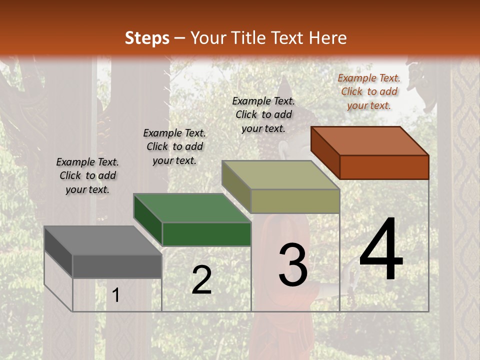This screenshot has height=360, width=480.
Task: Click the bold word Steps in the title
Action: pyautogui.click(x=147, y=38)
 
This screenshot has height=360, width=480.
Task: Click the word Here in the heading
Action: pyautogui.click(x=327, y=38)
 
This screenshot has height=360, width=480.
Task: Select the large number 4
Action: pyautogui.click(x=381, y=250)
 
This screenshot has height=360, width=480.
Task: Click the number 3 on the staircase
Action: pyautogui.click(x=293, y=265)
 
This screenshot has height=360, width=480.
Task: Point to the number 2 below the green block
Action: pyautogui.click(x=201, y=280)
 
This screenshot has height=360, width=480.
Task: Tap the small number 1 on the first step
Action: pyautogui.click(x=116, y=295)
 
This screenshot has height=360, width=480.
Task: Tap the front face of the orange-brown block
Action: pyautogui.click(x=384, y=167)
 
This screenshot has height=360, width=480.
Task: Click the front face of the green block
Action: pyautogui.click(x=206, y=234)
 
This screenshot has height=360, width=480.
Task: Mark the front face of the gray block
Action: pyautogui.click(x=117, y=266)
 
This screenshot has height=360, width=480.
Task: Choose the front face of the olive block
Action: pyautogui.click(x=295, y=201)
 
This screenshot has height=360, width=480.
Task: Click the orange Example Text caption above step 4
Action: pyautogui.click(x=369, y=91)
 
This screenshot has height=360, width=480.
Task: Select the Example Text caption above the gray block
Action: pyautogui.click(x=87, y=175)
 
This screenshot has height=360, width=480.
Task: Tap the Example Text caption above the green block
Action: pyautogui.click(x=174, y=146)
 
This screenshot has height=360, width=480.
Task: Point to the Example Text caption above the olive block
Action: pyautogui.click(x=263, y=114)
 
